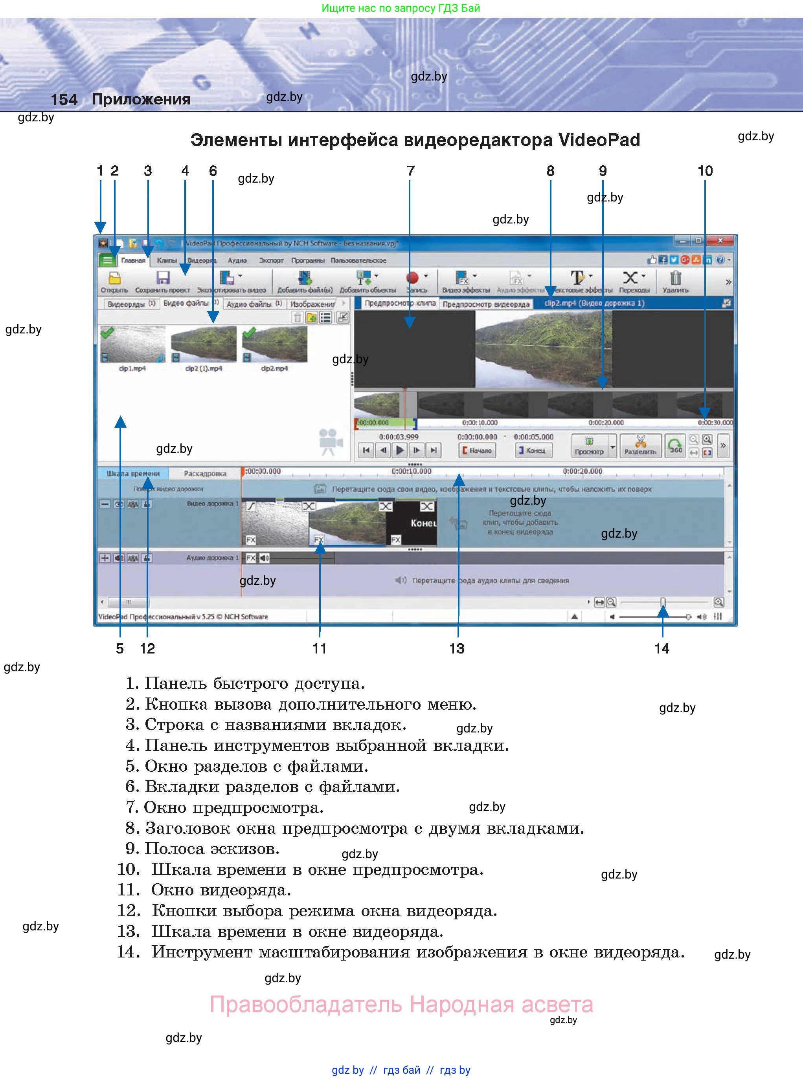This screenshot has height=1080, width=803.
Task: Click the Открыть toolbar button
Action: (114, 281)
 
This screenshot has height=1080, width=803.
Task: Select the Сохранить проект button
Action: (162, 281)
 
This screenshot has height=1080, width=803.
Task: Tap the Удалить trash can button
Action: (675, 281)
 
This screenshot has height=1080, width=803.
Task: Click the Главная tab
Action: (133, 260)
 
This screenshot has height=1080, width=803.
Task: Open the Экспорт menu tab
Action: (271, 260)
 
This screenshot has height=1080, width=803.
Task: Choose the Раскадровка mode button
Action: (205, 473)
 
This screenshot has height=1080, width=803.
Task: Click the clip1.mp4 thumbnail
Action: (132, 344)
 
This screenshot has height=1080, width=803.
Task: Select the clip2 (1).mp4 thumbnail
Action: (204, 344)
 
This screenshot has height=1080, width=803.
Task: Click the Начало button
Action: (477, 450)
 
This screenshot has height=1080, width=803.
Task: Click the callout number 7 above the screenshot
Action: (411, 171)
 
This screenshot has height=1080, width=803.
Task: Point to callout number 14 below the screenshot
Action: (662, 648)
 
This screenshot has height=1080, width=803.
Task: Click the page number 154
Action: (64, 99)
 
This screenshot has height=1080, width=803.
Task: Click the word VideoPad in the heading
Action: (599, 140)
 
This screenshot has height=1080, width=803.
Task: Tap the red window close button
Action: (720, 241)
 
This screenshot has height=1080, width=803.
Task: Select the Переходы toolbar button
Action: (634, 281)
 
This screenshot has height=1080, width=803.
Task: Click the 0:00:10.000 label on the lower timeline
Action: (411, 471)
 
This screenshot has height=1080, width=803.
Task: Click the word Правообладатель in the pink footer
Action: (306, 1004)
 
